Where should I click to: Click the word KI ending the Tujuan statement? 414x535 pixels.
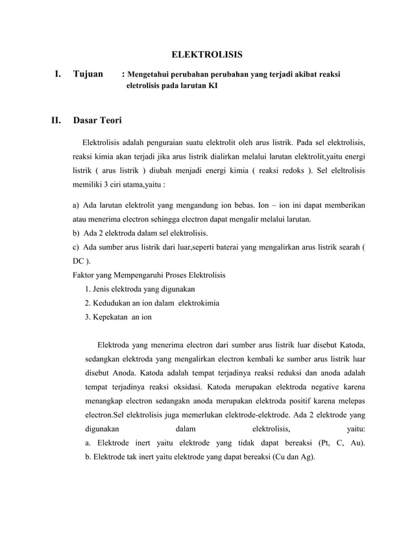pyautogui.click(x=213, y=85)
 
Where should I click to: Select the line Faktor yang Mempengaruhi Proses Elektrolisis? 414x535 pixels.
pyautogui.click(x=149, y=275)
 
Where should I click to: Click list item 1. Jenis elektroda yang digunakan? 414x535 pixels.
pyautogui.click(x=140, y=289)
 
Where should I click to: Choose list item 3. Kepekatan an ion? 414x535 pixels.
pyautogui.click(x=119, y=317)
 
